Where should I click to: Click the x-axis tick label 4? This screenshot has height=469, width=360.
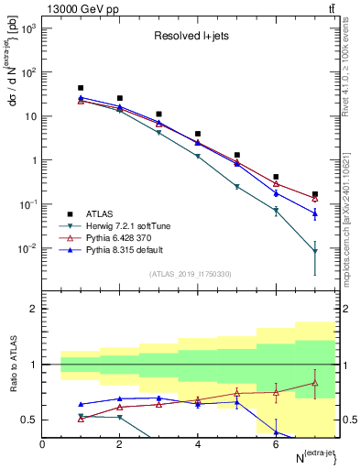coord(198,444)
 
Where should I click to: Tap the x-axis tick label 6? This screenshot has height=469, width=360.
coord(276,444)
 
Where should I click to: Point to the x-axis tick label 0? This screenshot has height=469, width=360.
coord(43,444)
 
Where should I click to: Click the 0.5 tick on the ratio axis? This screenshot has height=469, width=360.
coord(30,420)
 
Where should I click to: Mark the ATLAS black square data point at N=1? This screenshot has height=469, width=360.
coord(82,88)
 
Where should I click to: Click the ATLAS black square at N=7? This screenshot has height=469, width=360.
coord(315,194)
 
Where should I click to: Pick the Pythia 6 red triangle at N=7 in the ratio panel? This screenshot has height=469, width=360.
coord(315,383)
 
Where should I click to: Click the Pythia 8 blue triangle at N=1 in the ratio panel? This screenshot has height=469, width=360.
coord(82,404)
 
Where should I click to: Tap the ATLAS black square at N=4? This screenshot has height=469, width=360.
coord(198,134)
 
